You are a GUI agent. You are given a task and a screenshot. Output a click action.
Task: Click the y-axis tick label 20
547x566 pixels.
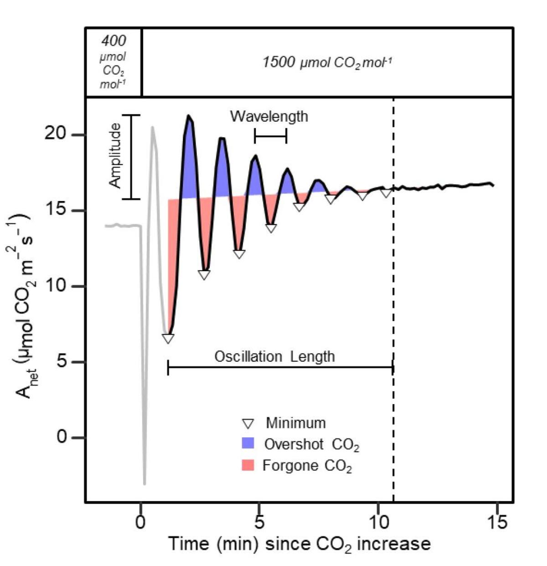tap(55, 135)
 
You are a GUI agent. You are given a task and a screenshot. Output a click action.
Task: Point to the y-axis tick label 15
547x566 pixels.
tap(55, 211)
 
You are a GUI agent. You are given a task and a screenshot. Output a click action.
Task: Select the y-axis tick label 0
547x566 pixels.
tap(62, 437)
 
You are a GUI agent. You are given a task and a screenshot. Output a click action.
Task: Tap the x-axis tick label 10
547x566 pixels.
tap(378, 522)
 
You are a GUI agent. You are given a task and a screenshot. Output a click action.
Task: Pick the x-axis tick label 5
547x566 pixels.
tap(259, 522)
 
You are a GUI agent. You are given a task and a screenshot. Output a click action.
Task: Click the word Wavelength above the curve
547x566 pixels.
tap(269, 117)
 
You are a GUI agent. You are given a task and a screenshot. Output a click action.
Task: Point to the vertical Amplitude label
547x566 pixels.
tap(116, 155)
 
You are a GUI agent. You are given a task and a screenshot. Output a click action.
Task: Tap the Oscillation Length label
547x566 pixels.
tap(274, 356)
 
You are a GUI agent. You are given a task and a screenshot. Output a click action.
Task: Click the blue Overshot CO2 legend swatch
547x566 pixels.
tap(248, 443)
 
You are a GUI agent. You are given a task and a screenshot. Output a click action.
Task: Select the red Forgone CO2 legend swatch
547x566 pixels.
tap(248, 465)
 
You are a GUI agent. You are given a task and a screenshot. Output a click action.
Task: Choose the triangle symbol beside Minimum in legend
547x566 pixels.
tap(248, 423)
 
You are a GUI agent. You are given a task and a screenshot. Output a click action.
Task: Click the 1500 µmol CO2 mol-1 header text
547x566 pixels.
tap(327, 62)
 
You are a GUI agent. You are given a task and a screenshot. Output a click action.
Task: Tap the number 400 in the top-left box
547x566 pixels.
tap(114, 41)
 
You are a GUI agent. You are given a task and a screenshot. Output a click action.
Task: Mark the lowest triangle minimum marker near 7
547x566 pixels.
tap(168, 339)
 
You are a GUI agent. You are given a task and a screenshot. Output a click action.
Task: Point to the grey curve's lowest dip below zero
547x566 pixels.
tap(144, 483)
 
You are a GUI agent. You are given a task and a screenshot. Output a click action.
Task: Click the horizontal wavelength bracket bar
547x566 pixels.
tap(270, 136)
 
